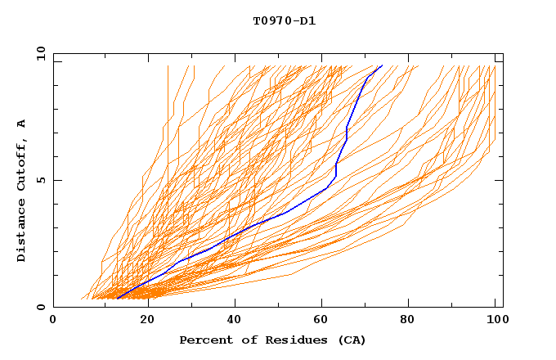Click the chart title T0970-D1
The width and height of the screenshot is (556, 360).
(x=284, y=20)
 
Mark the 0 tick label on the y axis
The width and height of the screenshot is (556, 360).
(x=41, y=307)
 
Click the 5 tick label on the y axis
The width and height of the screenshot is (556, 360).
(x=41, y=180)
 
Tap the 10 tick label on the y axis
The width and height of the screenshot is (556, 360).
(x=38, y=53)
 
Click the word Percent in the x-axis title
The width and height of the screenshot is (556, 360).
(x=205, y=340)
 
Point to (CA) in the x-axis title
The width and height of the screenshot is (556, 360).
(x=352, y=340)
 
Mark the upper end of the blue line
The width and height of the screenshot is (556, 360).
(x=382, y=65)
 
